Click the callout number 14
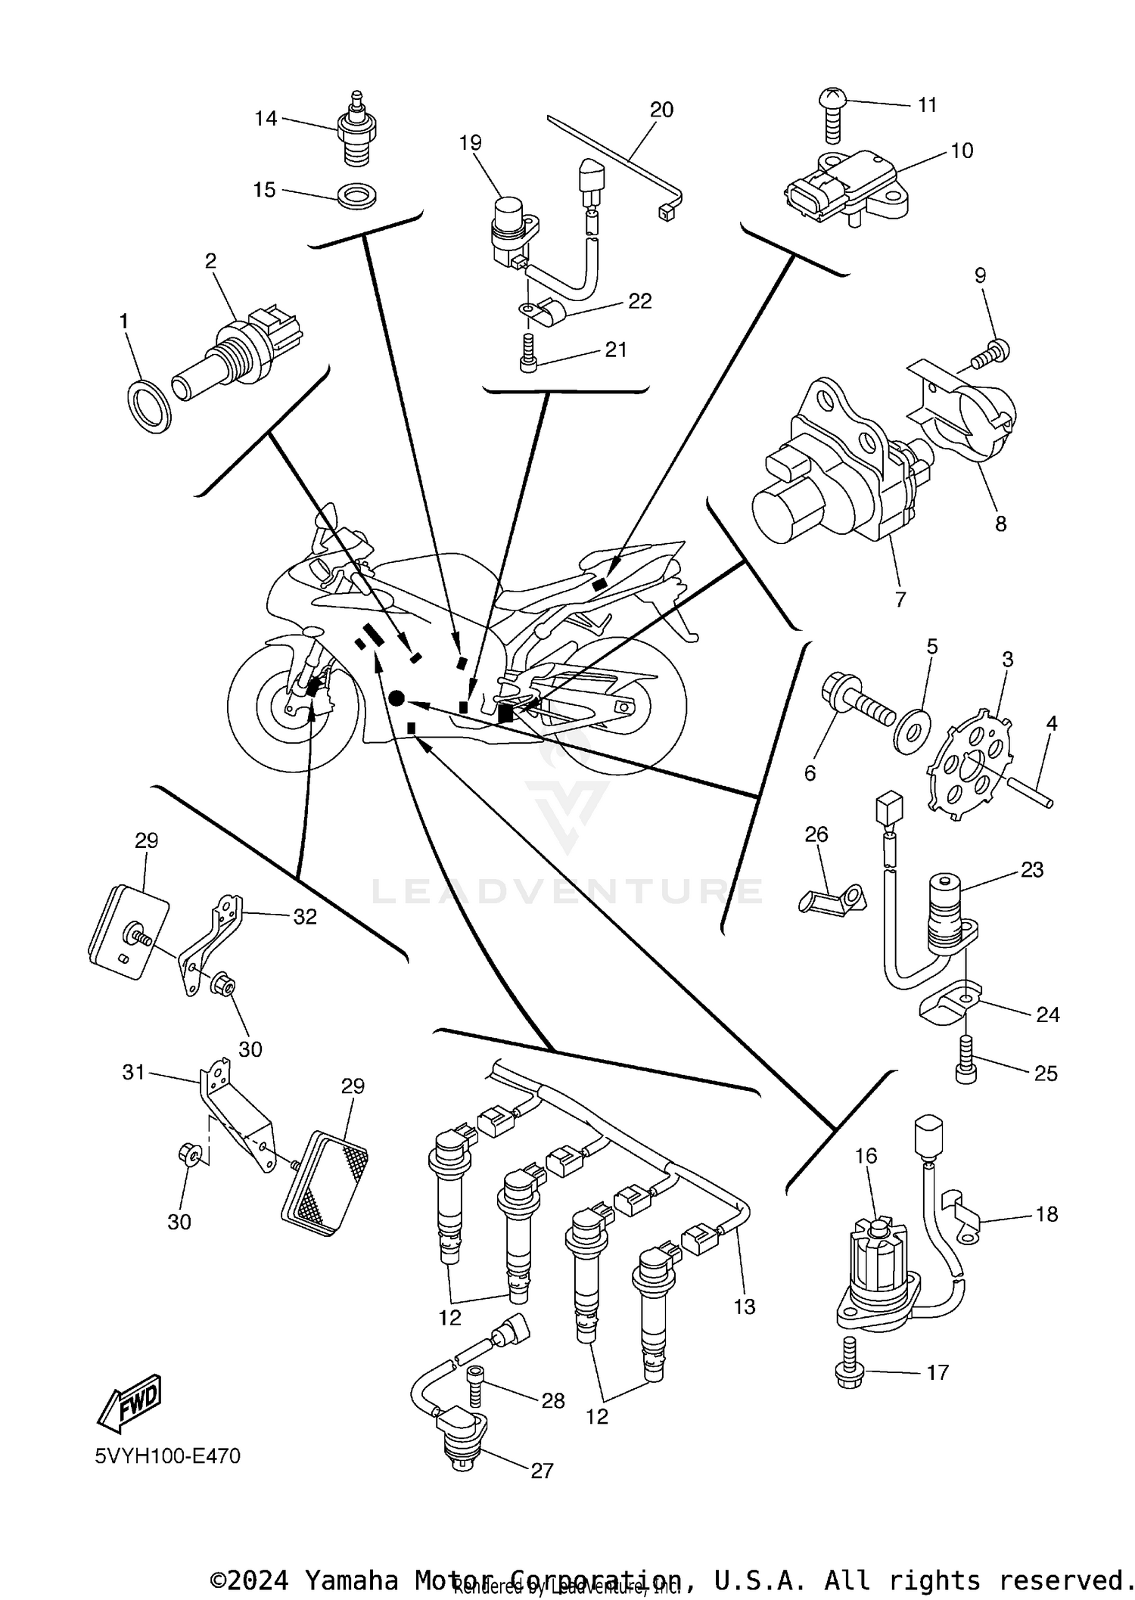265,118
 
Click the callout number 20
661,110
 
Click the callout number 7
900,599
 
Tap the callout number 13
745,1306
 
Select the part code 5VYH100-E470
167,1456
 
